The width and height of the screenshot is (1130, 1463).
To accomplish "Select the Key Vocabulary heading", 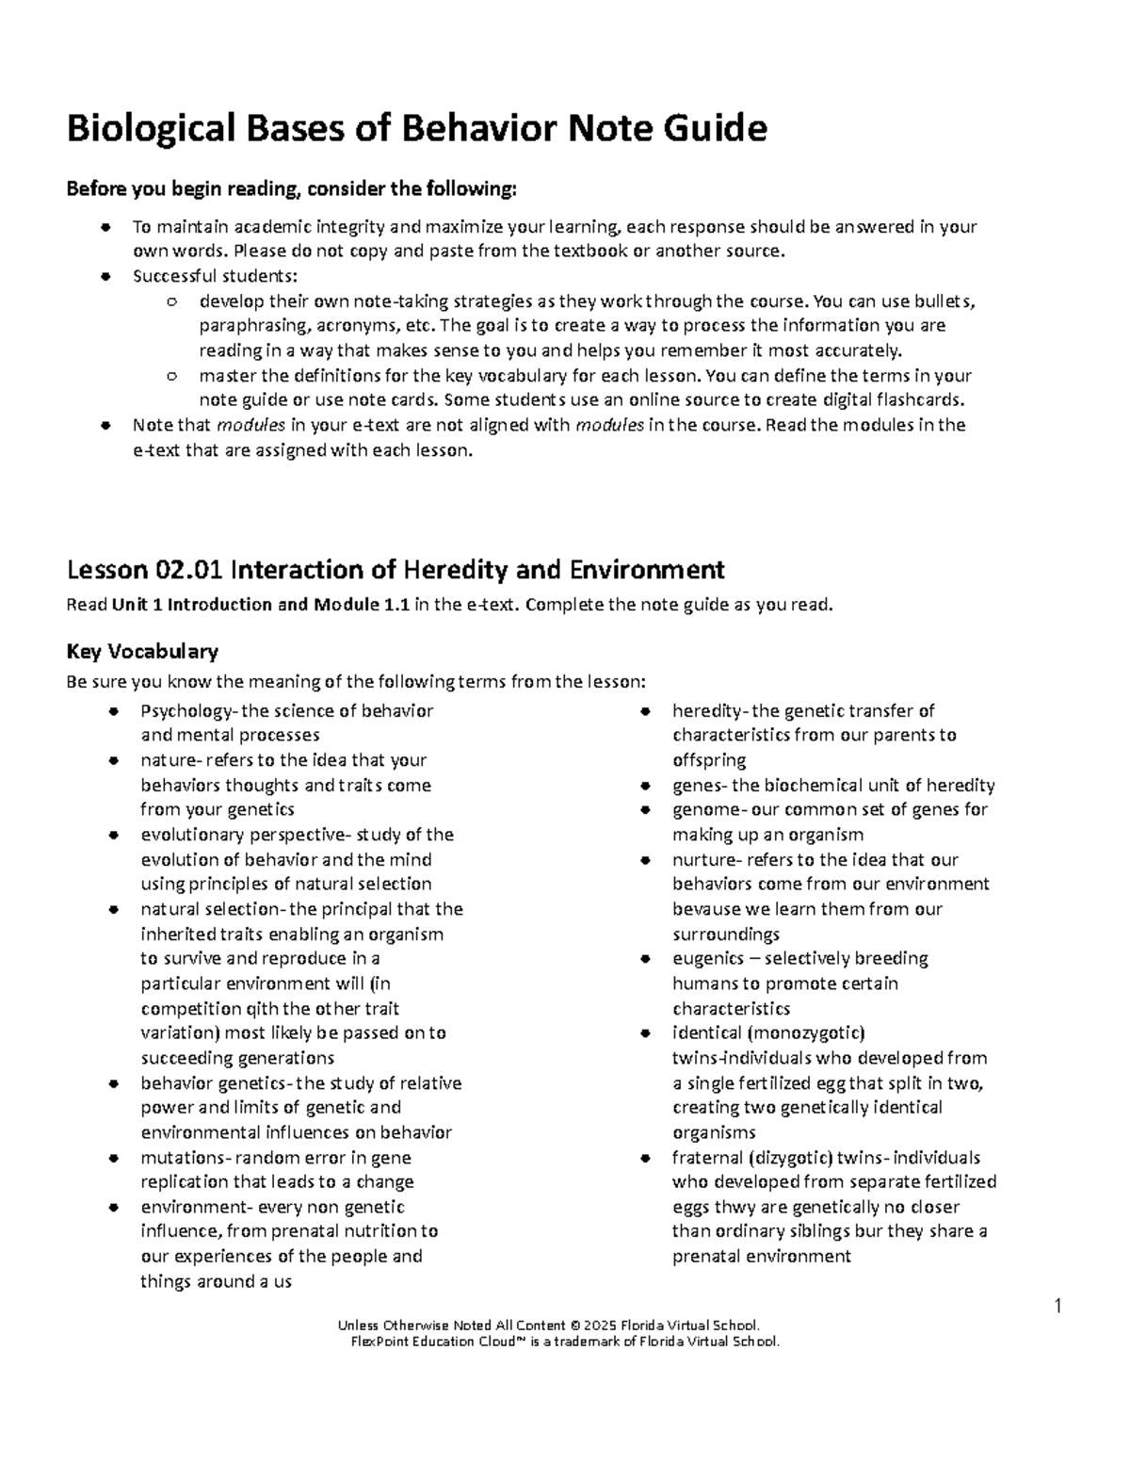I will point(142,651).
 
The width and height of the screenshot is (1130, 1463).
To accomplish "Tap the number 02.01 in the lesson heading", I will point(189,570).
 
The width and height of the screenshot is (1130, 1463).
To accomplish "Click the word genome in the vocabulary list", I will point(699,810).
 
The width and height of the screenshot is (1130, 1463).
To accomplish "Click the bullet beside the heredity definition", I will point(646,711).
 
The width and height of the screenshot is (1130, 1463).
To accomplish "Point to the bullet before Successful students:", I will point(106,277).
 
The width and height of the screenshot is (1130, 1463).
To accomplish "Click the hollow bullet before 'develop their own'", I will point(171,302).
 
